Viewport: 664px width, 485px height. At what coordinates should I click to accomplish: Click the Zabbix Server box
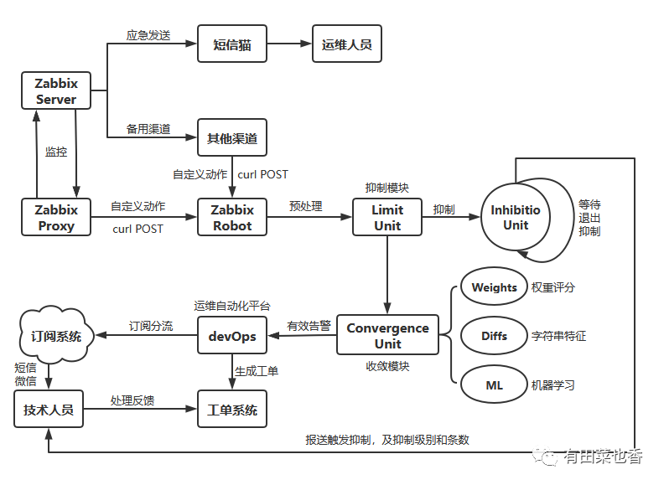[x=56, y=90]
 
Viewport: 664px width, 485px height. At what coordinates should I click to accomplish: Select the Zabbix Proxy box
[x=56, y=217]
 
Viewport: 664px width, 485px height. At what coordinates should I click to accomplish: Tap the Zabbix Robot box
[x=232, y=217]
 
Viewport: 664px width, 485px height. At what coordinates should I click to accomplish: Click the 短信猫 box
[x=232, y=44]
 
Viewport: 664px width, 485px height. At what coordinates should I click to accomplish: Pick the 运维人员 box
[x=347, y=44]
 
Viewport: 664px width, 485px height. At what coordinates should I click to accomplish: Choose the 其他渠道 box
[x=232, y=137]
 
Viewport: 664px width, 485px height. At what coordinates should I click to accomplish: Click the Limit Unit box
[x=387, y=217]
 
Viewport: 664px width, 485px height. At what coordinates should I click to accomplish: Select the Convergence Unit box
[x=387, y=335]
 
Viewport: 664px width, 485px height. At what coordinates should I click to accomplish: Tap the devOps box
[x=232, y=336]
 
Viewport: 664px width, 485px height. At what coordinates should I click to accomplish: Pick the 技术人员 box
[x=49, y=410]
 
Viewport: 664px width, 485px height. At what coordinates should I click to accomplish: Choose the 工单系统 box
[x=232, y=410]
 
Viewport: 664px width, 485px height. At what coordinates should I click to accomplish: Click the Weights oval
[x=494, y=287]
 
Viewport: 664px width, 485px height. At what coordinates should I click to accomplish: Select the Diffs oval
[x=494, y=336]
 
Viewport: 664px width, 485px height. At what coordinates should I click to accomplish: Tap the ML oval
[x=494, y=385]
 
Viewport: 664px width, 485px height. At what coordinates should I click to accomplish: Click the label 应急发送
[x=148, y=35]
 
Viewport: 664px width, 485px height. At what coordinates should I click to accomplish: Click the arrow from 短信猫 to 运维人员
[x=288, y=44]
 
